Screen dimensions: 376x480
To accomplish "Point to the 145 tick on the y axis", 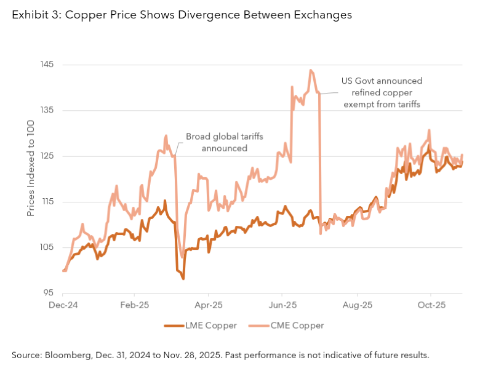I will tap(47, 65).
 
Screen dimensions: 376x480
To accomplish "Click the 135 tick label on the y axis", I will tap(47, 110).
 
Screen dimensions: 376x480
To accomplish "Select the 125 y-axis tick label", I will tap(47, 156).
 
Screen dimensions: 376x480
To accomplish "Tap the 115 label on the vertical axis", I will tap(47, 202).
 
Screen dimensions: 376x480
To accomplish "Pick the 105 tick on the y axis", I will tap(47, 247).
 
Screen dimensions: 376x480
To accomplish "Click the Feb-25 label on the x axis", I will tap(135, 305).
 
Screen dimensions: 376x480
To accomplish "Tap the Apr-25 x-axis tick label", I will tap(209, 305).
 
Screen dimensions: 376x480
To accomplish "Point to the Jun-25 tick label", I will tap(283, 305).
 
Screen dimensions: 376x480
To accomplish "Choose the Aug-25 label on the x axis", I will tap(358, 305).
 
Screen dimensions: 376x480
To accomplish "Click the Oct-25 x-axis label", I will tap(432, 305).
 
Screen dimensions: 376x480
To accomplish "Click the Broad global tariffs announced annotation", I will tap(224, 142).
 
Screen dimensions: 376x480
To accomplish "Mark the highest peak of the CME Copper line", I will tap(311, 70).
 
